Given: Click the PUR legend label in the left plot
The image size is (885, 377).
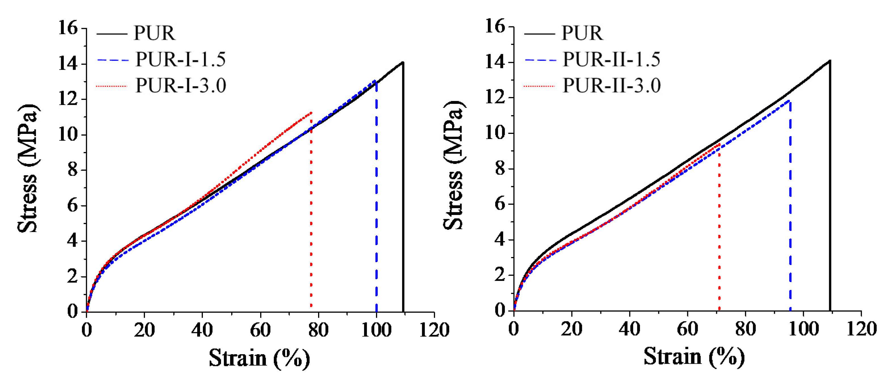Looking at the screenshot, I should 154,33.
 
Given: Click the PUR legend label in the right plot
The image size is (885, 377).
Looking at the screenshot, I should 582,33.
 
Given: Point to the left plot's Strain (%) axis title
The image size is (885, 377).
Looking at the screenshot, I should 259,358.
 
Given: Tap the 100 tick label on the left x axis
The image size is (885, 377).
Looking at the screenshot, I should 376,330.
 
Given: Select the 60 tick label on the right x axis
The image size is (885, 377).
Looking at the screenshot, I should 688,329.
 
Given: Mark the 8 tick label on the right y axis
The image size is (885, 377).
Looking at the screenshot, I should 500,169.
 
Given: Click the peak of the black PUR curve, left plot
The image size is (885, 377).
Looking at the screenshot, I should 403,62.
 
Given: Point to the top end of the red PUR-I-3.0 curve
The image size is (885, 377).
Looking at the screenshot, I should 311,113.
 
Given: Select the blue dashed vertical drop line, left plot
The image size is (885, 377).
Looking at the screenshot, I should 377,199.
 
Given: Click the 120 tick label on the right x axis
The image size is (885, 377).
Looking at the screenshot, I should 861,329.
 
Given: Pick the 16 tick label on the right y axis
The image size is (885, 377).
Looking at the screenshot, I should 495,26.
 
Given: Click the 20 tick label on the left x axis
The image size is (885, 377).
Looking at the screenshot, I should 144,330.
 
